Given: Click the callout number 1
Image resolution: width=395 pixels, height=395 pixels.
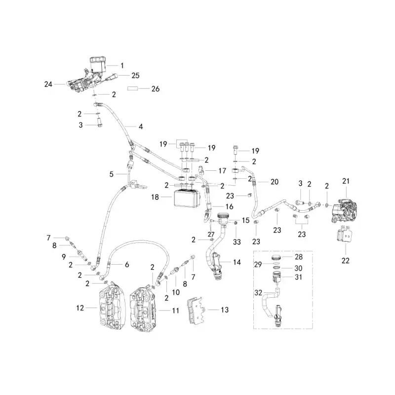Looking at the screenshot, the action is [x=122, y=66].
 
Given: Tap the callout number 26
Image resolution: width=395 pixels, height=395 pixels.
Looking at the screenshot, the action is [x=156, y=89].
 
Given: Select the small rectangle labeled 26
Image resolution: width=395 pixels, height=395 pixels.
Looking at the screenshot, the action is [x=132, y=89].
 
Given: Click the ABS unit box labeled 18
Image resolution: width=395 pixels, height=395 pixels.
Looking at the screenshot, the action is [x=187, y=198].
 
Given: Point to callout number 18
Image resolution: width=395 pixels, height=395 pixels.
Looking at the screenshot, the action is [x=155, y=197].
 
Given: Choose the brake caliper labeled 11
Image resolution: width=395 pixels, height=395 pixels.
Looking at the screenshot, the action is [x=144, y=309].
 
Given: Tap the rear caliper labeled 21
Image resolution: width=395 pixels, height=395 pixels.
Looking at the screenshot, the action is [x=344, y=211].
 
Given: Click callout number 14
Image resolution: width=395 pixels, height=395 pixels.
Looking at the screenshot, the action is [x=237, y=262].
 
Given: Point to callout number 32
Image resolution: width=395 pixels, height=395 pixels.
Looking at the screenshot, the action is [x=258, y=293].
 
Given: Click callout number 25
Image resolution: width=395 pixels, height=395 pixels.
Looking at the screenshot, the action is [x=135, y=76].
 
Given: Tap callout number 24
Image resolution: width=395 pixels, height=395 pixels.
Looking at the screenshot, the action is [x=48, y=84].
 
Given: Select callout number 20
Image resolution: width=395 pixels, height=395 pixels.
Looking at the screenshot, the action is [x=275, y=182].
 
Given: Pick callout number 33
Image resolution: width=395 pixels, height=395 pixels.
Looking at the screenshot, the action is [x=237, y=242].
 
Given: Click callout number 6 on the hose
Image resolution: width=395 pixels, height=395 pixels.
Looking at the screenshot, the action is [x=127, y=265].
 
